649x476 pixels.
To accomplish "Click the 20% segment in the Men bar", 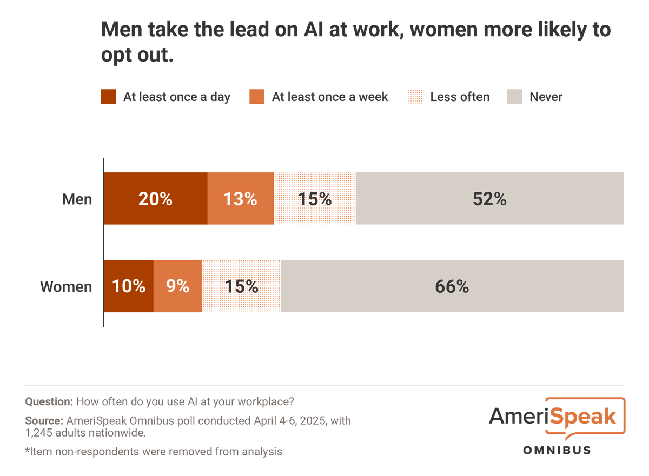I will [156, 199].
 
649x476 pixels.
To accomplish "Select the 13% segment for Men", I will [241, 199].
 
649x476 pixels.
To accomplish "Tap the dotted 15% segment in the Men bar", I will [315, 199].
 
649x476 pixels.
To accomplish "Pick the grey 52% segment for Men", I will [489, 199].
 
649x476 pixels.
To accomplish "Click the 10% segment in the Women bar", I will [129, 286].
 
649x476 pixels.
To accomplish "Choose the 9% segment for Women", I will [178, 286].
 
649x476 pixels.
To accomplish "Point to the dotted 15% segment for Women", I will [241, 286].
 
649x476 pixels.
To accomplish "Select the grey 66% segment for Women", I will [452, 286].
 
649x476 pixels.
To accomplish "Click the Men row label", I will [77, 199].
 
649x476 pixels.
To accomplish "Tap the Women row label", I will [66, 287].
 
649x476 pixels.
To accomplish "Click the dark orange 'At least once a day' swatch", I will [109, 97].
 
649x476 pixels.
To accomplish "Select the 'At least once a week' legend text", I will [330, 97].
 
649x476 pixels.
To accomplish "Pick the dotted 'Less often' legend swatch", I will [415, 97].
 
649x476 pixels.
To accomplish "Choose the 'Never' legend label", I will [546, 97].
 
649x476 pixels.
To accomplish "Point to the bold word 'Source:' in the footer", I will [44, 420].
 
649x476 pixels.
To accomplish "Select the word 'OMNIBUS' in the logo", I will [557, 450].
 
